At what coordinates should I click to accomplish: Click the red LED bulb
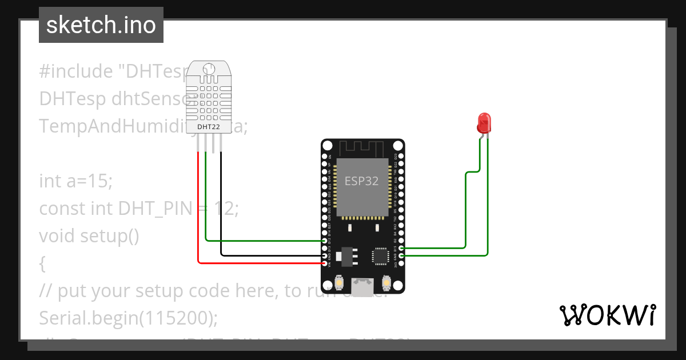tap(484, 122)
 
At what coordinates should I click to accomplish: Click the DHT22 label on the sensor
tap(209, 126)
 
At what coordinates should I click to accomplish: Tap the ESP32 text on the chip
tap(361, 182)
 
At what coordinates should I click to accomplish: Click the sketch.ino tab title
tap(101, 25)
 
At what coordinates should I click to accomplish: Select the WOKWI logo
tap(607, 315)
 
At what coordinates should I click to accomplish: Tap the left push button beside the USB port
tap(340, 283)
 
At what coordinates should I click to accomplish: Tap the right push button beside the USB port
tap(386, 283)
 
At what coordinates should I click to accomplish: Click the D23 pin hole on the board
tap(401, 156)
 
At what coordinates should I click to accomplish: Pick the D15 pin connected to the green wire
tap(401, 248)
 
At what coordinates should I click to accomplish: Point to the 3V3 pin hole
tap(401, 263)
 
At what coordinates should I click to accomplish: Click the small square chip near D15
tap(380, 256)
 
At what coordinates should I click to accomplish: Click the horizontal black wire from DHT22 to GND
tap(269, 255)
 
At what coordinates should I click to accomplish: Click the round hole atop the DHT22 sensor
tap(209, 69)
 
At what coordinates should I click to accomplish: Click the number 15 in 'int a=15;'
tap(101, 181)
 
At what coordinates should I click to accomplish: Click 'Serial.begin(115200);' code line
tap(129, 318)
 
